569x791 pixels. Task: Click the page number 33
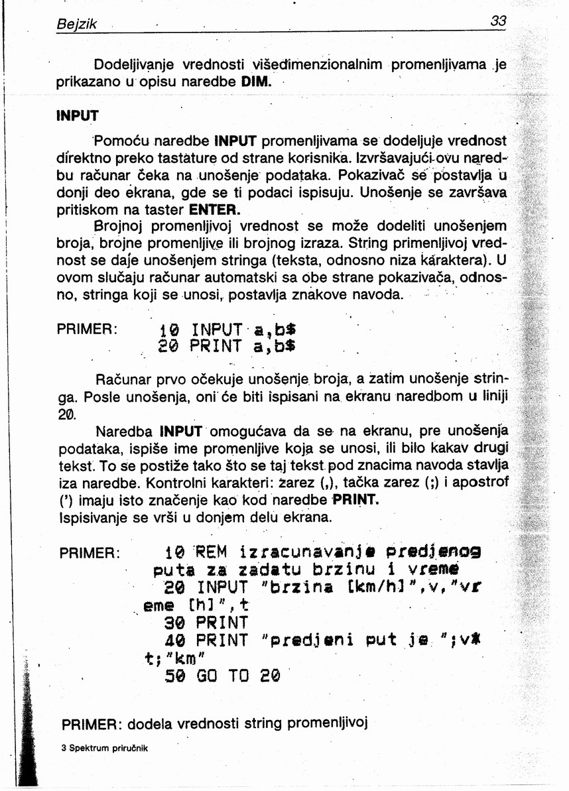click(498, 21)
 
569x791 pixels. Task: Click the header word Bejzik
click(77, 25)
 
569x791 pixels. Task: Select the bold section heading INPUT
click(77, 115)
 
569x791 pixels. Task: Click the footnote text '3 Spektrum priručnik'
click(105, 748)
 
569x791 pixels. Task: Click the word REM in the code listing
click(212, 552)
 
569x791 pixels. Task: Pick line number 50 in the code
click(175, 676)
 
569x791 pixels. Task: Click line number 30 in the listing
click(175, 623)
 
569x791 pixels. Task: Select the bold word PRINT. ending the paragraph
click(355, 499)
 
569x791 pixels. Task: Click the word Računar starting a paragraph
click(123, 381)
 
